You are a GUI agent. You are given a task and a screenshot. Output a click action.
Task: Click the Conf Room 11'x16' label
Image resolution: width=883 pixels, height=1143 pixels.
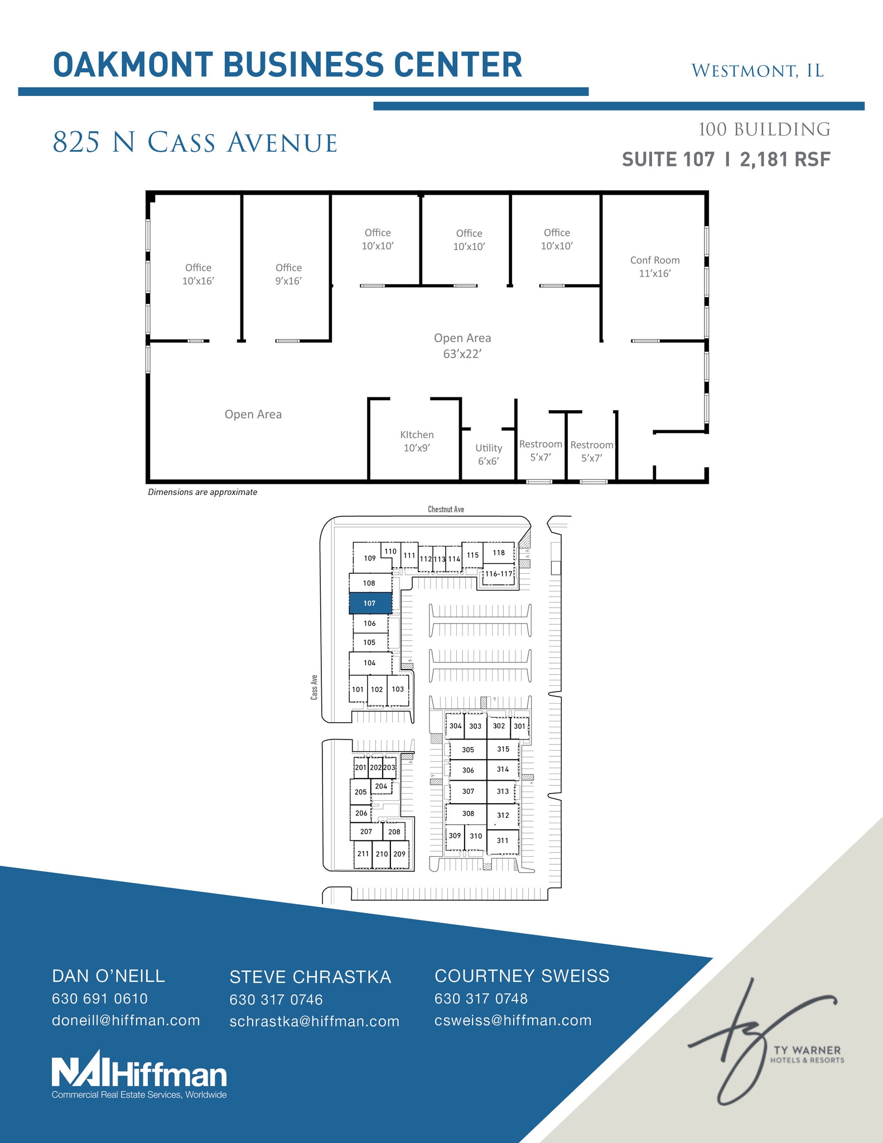pos(655,267)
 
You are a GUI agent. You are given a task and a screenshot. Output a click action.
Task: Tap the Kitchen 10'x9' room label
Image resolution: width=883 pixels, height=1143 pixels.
pos(417,441)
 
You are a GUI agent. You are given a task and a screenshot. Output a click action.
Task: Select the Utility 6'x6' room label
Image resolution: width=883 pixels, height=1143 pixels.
pos(489,454)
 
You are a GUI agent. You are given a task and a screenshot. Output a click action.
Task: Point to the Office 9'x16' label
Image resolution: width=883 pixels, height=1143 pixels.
pos(288,274)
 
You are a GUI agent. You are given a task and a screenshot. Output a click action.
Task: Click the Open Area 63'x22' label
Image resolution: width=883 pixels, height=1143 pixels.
pos(462,345)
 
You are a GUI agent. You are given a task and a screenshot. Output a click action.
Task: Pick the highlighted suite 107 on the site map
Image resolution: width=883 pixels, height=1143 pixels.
pos(370,603)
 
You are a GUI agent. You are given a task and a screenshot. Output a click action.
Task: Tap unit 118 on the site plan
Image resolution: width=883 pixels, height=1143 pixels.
pos(499,553)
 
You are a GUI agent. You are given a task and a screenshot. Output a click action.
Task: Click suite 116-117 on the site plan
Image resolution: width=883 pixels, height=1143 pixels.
pos(498,574)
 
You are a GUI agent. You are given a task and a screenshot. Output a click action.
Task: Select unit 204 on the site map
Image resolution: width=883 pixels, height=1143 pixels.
pos(381,786)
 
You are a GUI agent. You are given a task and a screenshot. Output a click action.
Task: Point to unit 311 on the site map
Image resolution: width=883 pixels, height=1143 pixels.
pos(503,841)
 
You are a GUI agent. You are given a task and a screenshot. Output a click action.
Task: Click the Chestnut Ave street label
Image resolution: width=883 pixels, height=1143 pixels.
pos(446,509)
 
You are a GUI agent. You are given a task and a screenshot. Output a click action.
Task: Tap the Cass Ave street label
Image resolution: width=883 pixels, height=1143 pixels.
pos(315,688)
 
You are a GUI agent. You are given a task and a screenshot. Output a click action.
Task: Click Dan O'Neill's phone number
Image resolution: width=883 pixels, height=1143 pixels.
pos(100,998)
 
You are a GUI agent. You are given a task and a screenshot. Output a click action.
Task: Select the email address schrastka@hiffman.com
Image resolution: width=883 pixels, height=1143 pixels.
pos(315,1021)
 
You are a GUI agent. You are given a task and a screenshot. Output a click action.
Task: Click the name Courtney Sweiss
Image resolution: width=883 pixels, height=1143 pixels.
pos(522,976)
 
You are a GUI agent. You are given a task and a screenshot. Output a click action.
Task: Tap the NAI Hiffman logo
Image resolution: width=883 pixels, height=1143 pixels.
pos(139,1075)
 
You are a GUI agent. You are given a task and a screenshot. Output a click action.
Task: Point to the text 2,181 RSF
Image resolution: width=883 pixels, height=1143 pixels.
pos(785,160)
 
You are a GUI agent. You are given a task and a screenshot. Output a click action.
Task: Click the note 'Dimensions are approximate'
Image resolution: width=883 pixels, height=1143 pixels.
pos(202,492)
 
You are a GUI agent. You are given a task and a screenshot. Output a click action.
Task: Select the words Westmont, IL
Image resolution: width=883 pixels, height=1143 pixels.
pos(757,71)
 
